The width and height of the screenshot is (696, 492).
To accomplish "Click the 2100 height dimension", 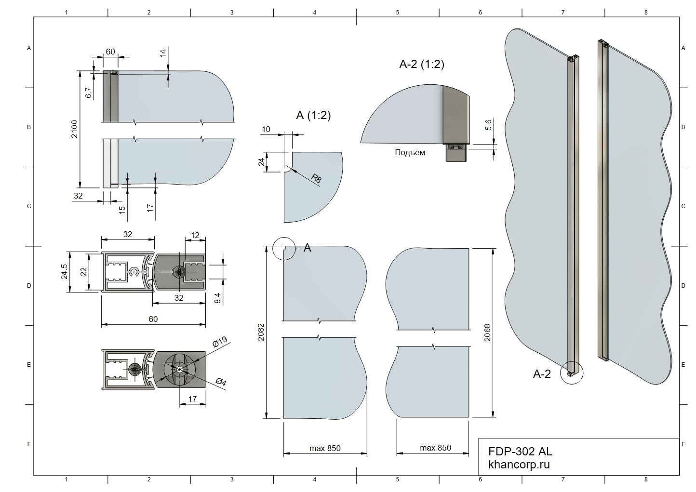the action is coord(75,129).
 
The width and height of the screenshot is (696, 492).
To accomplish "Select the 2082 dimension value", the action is coord(261,332).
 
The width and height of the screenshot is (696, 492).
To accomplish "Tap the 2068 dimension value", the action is coord(487,332).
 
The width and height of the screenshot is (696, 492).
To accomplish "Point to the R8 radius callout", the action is coord(316,178).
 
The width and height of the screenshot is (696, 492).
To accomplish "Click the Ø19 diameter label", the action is coord(220,342).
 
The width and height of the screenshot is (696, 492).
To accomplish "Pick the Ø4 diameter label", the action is coord(221,382).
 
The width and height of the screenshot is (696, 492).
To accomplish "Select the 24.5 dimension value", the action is coord(64,271).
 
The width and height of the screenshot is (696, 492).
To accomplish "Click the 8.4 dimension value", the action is coord(217,298).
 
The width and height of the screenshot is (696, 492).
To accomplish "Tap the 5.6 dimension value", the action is coord(488,125).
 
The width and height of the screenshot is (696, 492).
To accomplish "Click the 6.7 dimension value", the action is coord(89,93).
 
